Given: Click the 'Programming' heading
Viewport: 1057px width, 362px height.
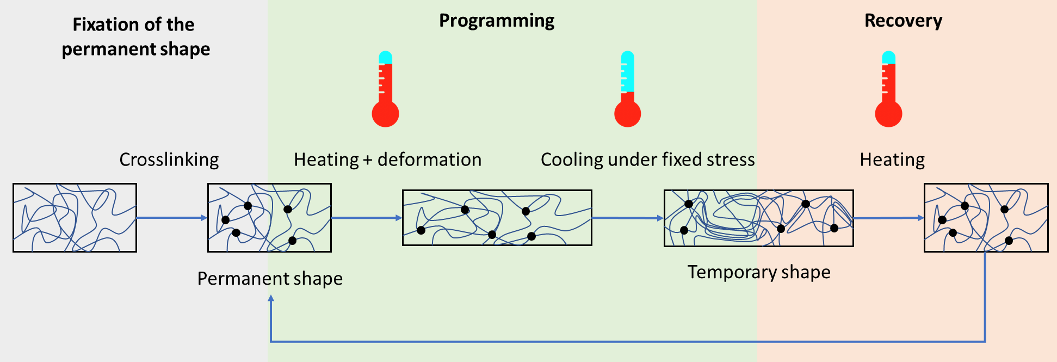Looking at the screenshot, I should tap(497, 21).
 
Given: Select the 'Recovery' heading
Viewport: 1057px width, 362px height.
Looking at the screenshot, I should tap(903, 21).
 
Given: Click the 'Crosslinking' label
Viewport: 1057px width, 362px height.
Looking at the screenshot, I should tap(169, 159).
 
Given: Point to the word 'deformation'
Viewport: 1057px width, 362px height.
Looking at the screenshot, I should tap(429, 159).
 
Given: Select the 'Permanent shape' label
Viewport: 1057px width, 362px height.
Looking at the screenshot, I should tap(270, 278).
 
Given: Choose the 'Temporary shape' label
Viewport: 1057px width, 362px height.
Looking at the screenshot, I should tap(759, 272).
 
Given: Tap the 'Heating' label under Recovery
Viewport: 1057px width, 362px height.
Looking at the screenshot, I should tap(892, 159).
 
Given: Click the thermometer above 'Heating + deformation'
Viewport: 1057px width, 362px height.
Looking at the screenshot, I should tap(385, 90).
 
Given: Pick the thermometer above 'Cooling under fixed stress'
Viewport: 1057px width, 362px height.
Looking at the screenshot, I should tap(627, 90).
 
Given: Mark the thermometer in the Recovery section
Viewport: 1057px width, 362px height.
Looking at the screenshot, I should tap(888, 90).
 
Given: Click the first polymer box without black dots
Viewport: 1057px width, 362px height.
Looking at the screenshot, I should tap(75, 218).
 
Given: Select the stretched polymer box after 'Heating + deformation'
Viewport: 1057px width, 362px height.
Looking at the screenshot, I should tap(497, 218).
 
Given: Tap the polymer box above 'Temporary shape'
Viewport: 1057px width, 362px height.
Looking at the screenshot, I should tap(758, 218).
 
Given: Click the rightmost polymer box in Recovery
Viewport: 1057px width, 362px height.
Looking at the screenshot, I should tap(986, 218).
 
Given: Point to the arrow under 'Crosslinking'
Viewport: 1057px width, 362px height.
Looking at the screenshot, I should tap(171, 218).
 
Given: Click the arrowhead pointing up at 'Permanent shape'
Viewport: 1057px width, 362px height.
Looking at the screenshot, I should tap(270, 299).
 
